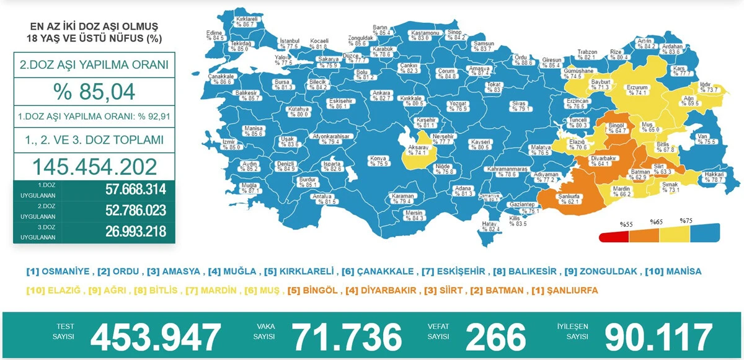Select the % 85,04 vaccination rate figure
tap(94, 92)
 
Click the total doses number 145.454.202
tap(94, 166)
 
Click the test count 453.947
tap(156, 336)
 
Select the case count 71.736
tap(347, 336)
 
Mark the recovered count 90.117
tap(658, 336)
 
